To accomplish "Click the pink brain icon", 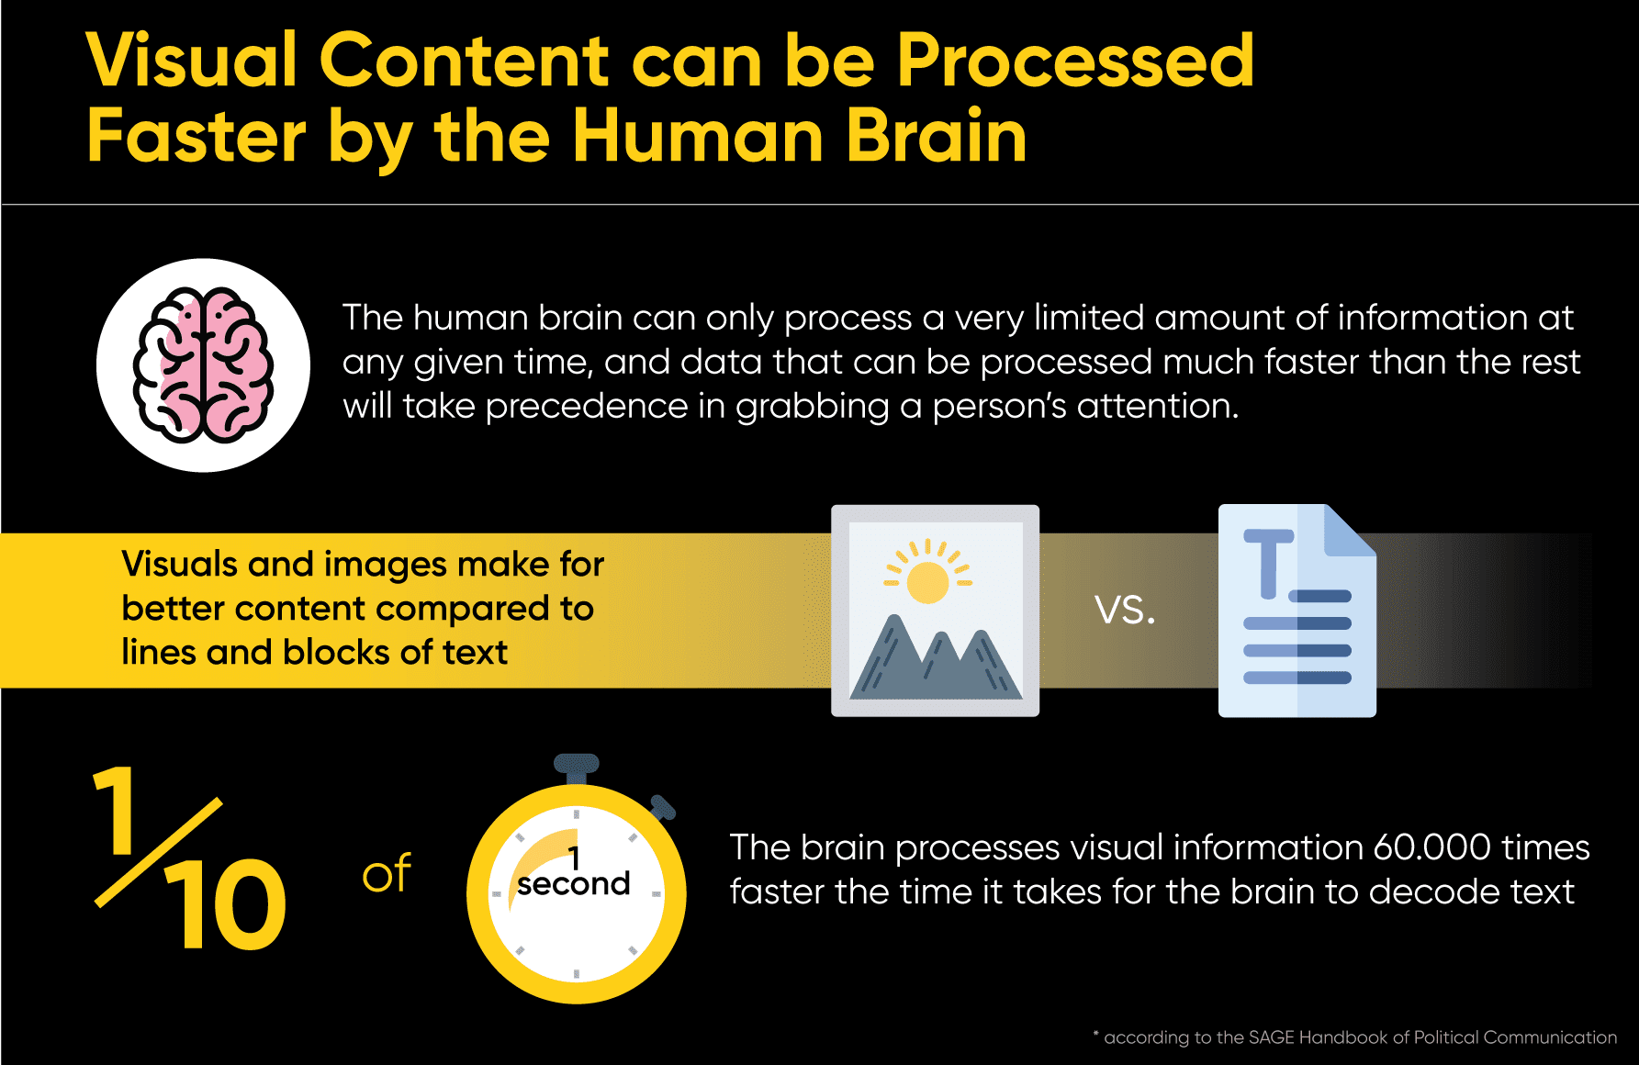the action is [203, 365].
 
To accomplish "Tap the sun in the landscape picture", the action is [927, 582].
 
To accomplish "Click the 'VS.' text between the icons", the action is [1125, 610].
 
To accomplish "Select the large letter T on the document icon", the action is [1268, 563].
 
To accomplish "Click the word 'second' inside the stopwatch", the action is [573, 883].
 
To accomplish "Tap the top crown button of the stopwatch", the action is [577, 768].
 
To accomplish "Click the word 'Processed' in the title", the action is [1075, 62].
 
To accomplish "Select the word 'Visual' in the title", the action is [192, 62].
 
